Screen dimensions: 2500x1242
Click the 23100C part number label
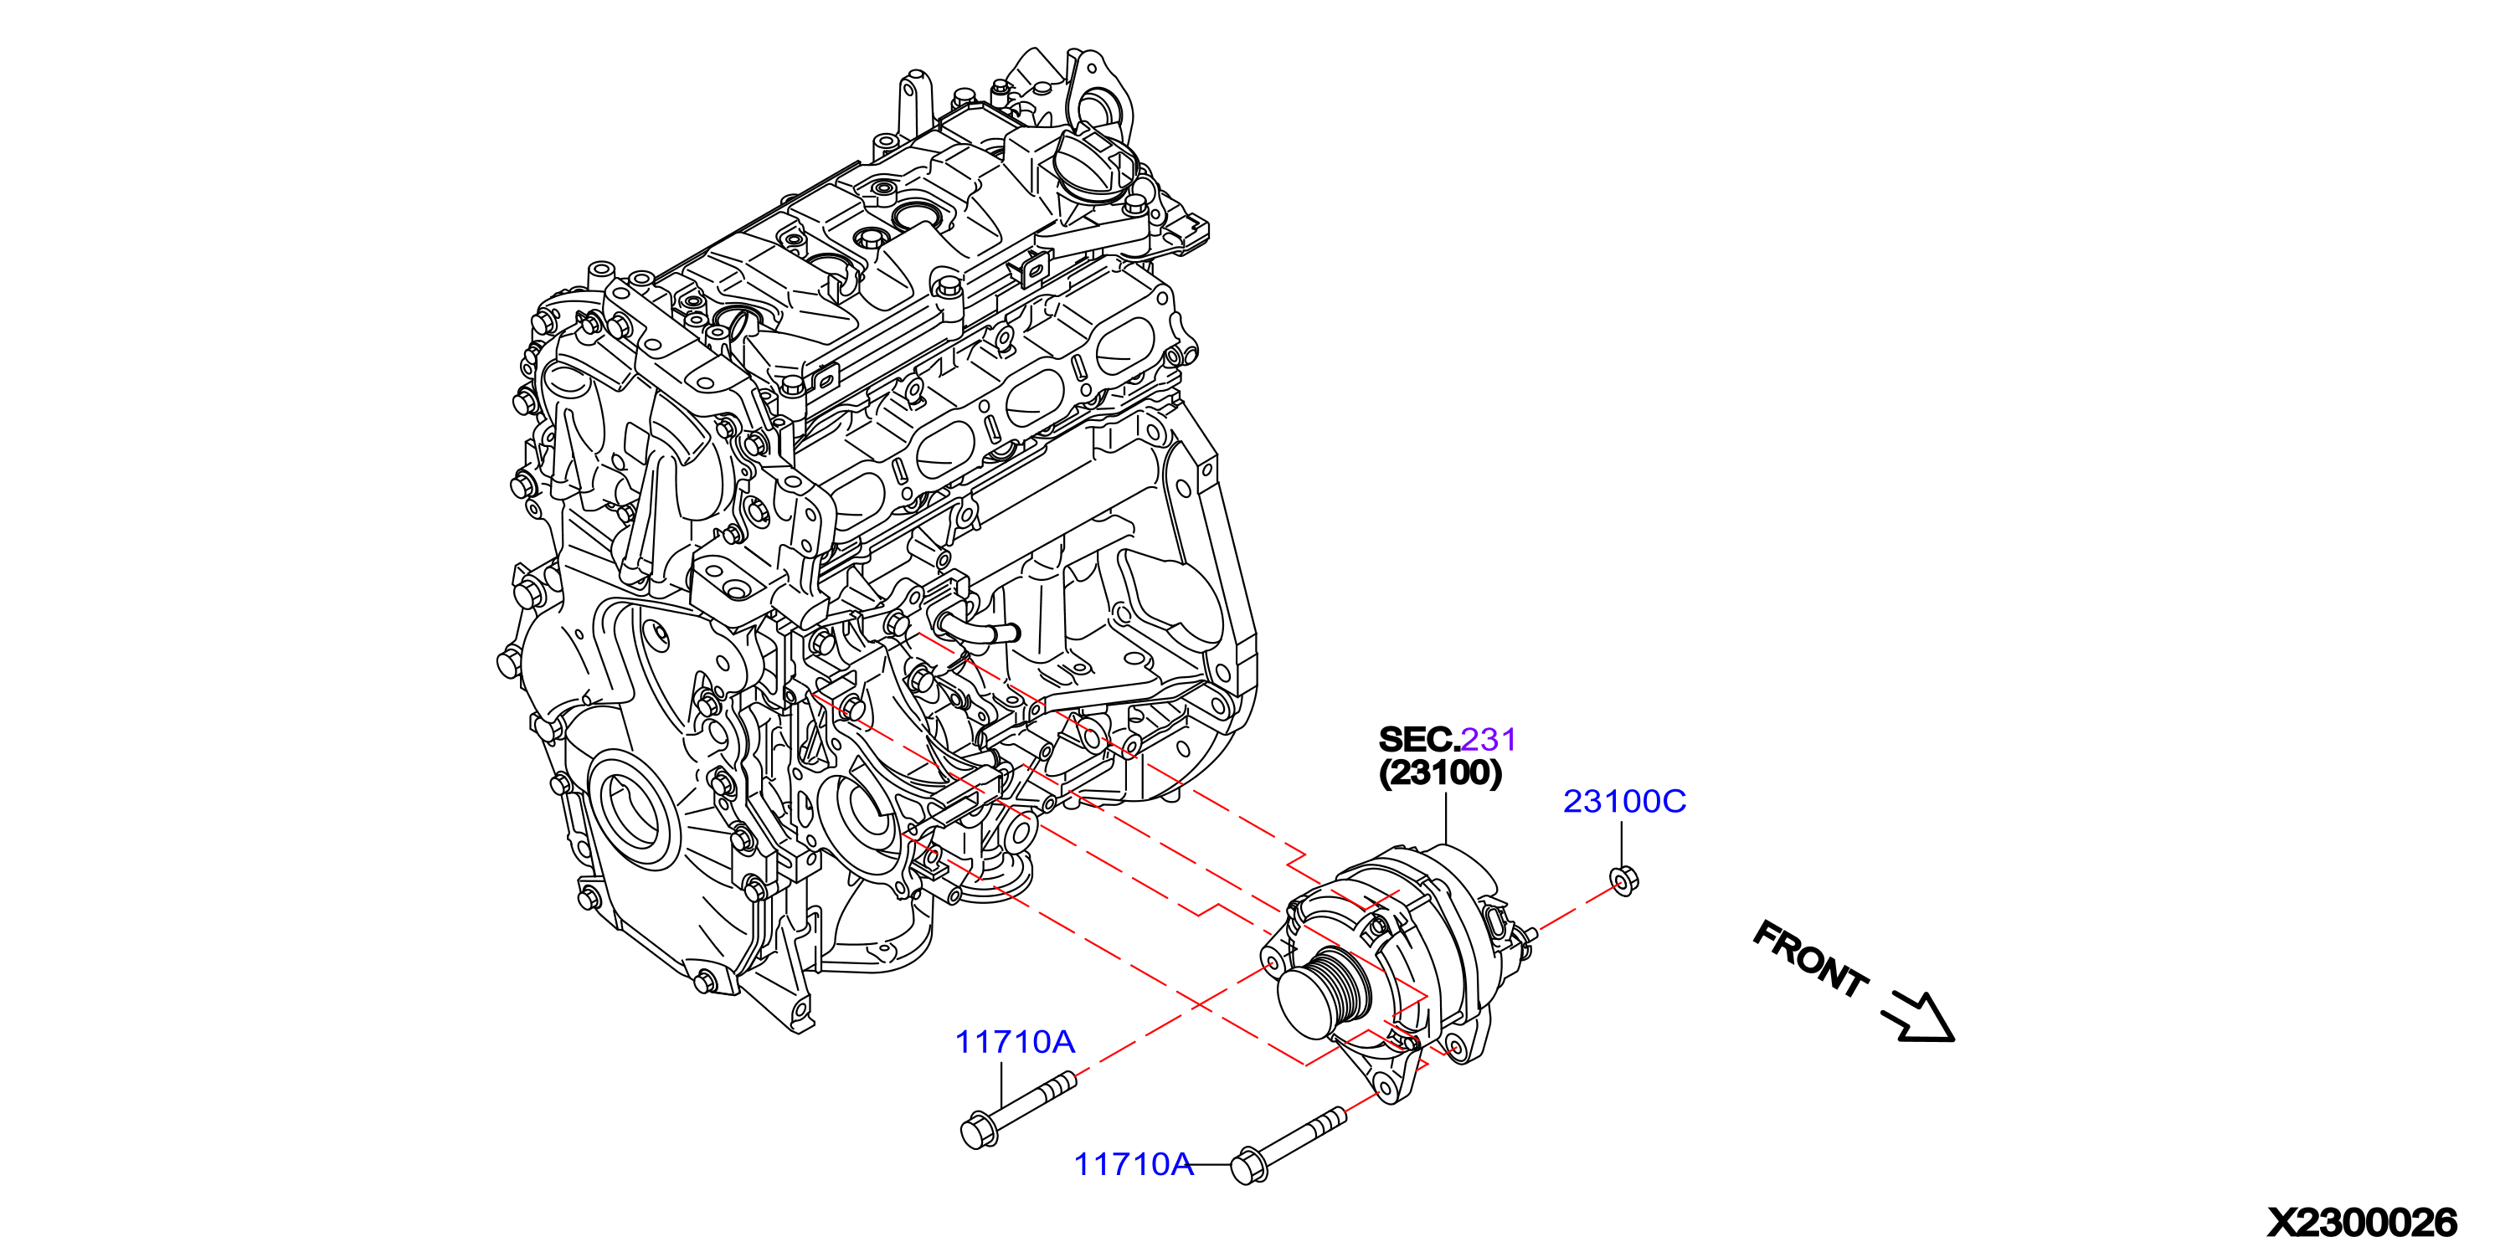pos(1623,802)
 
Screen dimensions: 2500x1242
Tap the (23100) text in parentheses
pos(1440,773)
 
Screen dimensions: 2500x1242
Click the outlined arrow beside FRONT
pos(1920,1019)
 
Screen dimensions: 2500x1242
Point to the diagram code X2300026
pos(2361,1223)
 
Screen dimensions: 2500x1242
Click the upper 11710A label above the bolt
pos(1014,1042)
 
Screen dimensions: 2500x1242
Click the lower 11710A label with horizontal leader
pos(1133,1164)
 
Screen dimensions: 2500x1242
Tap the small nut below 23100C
pos(1623,881)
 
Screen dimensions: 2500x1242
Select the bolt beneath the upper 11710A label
pos(1017,1111)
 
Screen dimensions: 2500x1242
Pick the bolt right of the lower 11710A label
pos(1288,1146)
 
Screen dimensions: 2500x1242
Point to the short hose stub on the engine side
pos(975,626)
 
